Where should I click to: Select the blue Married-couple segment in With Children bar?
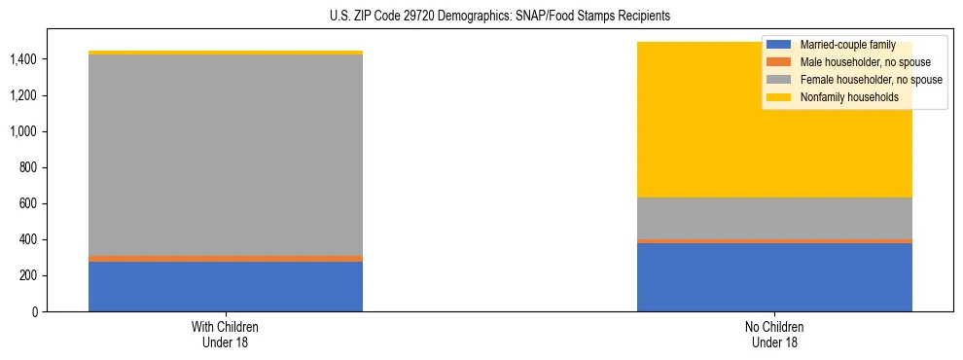226,286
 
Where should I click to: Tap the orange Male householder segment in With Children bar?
226,259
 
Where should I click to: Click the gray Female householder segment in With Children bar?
226,156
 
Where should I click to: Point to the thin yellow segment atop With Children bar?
226,53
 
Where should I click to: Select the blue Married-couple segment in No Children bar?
774,277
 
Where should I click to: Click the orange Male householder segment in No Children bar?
774,241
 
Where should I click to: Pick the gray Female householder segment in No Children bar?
774,218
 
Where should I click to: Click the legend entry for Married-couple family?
840,45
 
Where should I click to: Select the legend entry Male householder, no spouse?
856,62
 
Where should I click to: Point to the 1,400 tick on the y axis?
23,60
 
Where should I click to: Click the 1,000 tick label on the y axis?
23,132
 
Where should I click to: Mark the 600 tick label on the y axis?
28,204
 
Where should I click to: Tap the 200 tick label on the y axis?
28,276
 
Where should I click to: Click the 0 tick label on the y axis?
34,312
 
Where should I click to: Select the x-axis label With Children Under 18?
226,335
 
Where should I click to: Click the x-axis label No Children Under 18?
774,335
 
